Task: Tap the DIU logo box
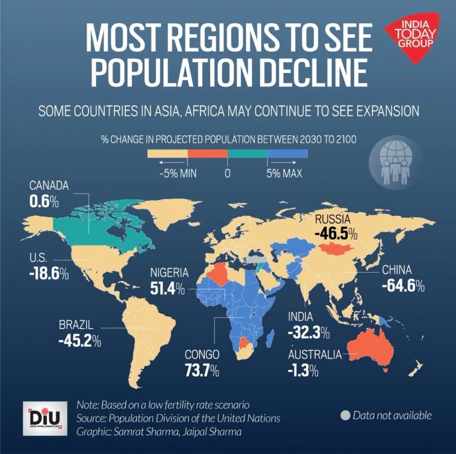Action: [45, 419]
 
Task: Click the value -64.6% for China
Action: [403, 286]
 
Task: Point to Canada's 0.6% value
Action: [44, 202]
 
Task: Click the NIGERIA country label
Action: [169, 273]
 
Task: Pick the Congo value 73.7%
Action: [202, 371]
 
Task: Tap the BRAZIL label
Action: [76, 324]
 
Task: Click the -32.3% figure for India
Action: [309, 332]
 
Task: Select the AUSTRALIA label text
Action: [315, 355]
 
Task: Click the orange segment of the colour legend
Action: [208, 154]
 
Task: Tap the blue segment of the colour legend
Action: [287, 154]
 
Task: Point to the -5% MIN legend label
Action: [178, 174]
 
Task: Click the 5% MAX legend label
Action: [284, 174]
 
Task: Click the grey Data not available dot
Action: [345, 416]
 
